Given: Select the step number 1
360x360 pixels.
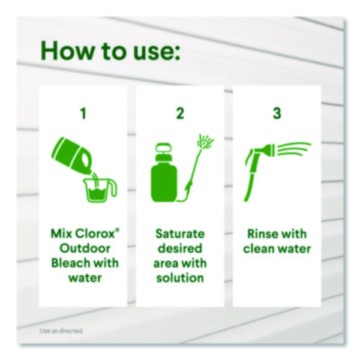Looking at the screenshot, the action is [83, 113].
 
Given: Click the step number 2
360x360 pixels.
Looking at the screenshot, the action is [180, 113].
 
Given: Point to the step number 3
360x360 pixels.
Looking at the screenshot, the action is [277, 113].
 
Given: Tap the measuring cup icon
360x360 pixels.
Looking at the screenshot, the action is [99, 190].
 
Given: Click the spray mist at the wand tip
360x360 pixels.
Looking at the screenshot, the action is [205, 140].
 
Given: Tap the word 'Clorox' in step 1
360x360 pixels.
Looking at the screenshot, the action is [95, 234].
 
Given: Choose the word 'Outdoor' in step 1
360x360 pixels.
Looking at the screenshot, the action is [85, 248].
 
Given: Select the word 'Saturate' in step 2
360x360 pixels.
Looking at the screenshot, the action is [180, 234].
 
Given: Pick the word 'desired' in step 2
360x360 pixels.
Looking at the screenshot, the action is [180, 248].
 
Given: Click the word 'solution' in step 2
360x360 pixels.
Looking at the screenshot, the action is [180, 278].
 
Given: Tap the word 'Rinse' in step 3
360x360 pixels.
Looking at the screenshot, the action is [262, 234].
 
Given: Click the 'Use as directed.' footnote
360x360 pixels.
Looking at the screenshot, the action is [61, 331].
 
